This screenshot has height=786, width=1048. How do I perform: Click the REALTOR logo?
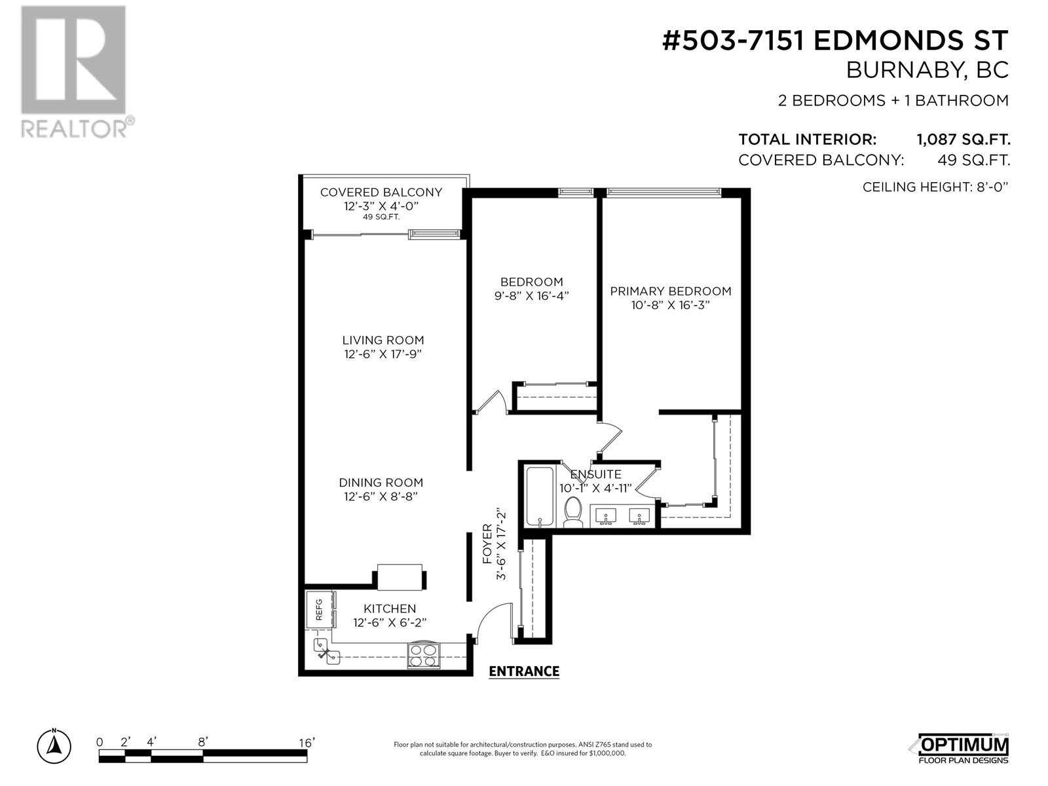77,71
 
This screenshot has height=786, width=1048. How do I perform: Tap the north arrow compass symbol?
54,746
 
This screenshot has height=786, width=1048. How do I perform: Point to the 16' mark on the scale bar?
307,743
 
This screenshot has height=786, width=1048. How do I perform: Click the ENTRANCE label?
524,671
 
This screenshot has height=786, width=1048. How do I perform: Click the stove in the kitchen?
424,655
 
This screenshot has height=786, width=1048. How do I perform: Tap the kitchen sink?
327,652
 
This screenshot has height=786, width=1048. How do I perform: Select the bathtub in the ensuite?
540,496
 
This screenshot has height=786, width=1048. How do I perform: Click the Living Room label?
383,340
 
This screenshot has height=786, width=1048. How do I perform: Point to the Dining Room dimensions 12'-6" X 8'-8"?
381,496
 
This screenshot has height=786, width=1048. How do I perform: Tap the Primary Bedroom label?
670,291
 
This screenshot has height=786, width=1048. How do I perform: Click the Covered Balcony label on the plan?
381,193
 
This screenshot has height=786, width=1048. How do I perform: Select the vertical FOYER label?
487,550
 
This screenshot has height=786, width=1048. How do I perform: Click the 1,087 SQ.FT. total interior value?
963,140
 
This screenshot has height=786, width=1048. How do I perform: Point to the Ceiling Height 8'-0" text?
935,187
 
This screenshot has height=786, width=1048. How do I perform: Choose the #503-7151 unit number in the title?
734,41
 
